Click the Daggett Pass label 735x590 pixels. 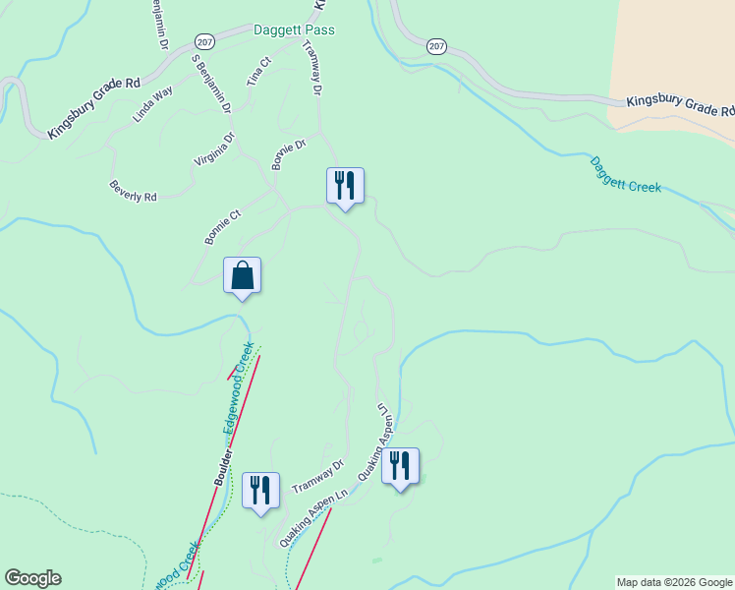(294, 30)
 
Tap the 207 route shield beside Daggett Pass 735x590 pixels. (204, 42)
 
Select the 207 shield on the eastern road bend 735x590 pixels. (437, 45)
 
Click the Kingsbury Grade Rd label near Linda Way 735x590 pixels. (94, 105)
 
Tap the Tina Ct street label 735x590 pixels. (258, 71)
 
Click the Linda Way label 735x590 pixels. (153, 103)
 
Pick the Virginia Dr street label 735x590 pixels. (215, 149)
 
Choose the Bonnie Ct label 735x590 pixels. (223, 227)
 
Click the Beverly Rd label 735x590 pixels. (134, 190)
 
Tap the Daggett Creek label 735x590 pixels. (625, 172)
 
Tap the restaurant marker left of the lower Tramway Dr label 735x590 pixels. (260, 490)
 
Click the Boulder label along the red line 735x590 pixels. (224, 468)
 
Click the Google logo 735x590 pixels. (32, 578)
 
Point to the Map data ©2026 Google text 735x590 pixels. (674, 582)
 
